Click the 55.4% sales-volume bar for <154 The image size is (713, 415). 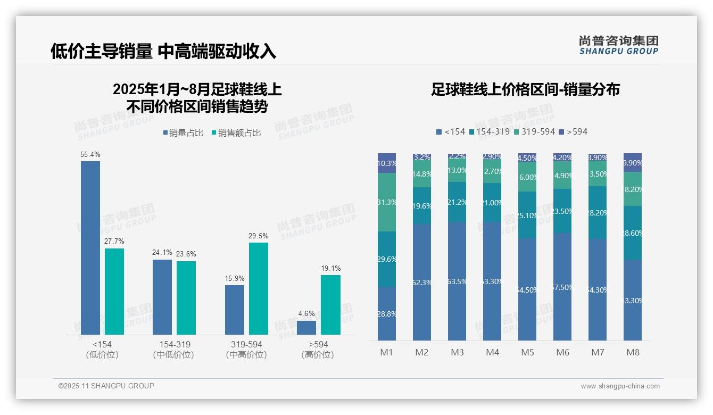pos(90,247)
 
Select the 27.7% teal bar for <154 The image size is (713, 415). pos(114,292)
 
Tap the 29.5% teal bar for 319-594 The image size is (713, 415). pos(259,288)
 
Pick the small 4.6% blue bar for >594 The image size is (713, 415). pos(306,328)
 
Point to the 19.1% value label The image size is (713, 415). pos(331,269)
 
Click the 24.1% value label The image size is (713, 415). pos(162,253)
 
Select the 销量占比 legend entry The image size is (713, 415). pos(183,133)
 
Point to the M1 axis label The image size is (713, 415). pos(386,352)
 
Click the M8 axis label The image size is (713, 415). pos(633,352)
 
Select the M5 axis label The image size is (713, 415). pos(527,352)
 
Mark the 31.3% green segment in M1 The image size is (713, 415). pos(387,202)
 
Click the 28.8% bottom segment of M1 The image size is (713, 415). pos(387,314)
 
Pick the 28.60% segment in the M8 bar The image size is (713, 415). pos(633,233)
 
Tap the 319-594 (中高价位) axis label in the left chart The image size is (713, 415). pos(246,350)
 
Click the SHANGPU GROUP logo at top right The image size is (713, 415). pos(618,45)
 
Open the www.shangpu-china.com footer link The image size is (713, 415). pos(620,386)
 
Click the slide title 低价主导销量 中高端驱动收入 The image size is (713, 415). pos(163,51)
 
